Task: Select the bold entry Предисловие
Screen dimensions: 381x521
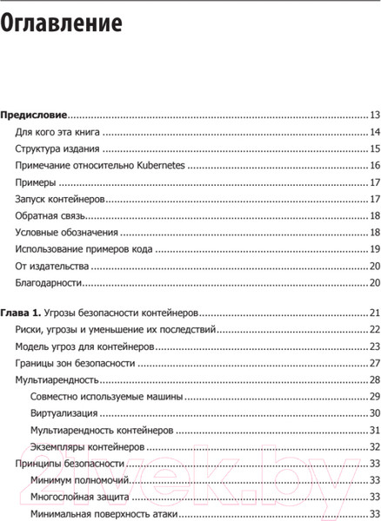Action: (34, 114)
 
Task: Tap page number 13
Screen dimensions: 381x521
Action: (375, 115)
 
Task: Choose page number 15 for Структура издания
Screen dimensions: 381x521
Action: (375, 149)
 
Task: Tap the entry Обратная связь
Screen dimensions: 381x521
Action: (52, 215)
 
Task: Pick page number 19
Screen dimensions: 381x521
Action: (375, 249)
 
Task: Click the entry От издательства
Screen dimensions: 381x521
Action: (54, 266)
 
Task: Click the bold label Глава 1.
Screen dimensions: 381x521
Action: (20, 313)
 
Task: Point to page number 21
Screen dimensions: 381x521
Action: (375, 313)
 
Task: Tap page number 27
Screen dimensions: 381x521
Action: (375, 363)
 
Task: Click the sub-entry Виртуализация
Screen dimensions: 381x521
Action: (68, 413)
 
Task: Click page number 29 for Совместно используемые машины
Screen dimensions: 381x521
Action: (375, 397)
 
